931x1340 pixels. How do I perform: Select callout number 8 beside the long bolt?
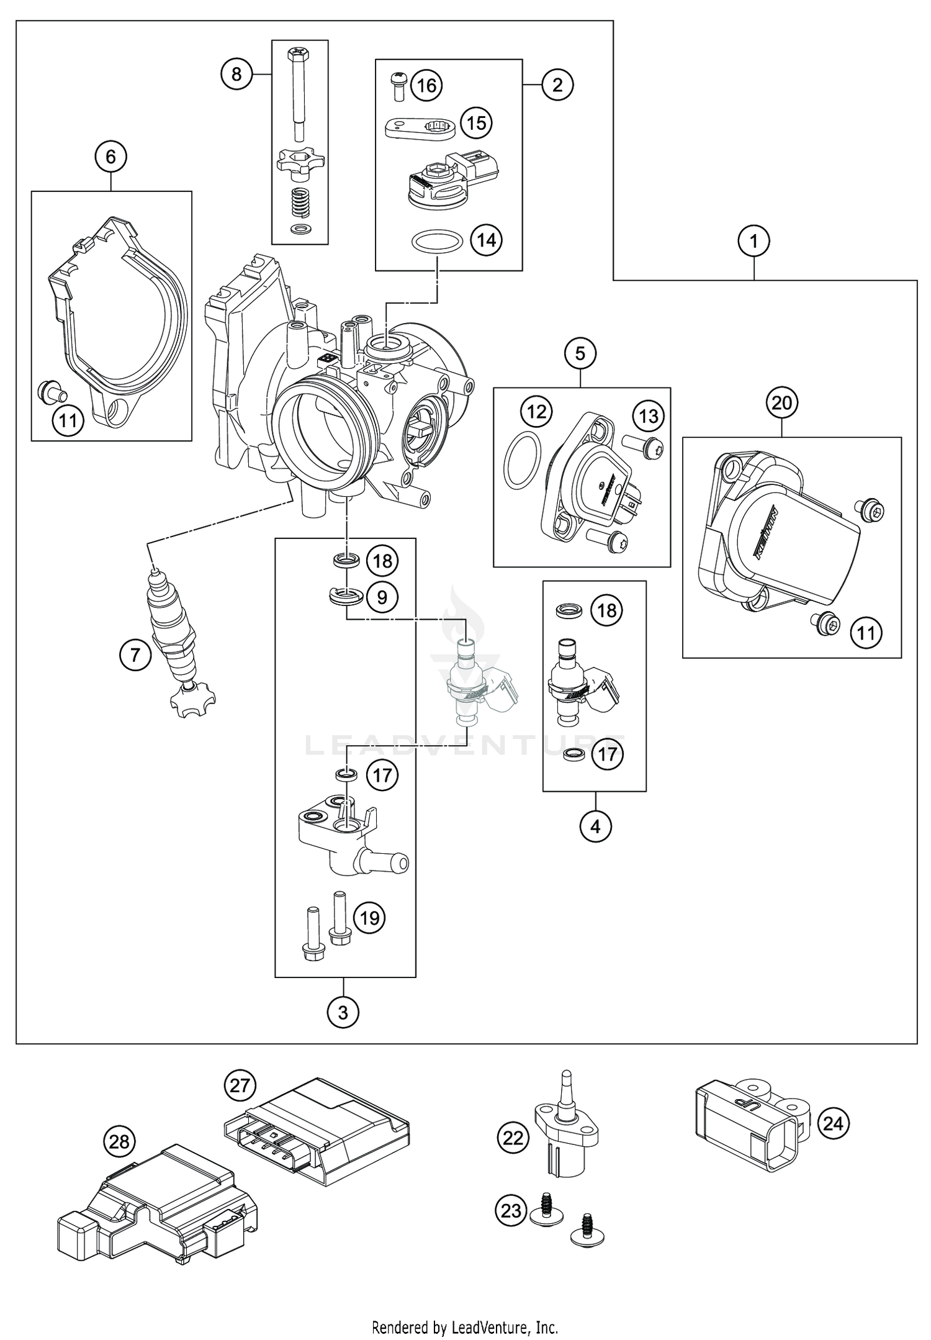[236, 75]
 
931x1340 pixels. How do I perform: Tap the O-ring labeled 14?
[436, 242]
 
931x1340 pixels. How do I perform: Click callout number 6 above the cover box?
[110, 156]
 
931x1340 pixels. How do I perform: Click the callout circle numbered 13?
[649, 415]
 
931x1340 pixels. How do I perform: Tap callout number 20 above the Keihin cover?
[781, 404]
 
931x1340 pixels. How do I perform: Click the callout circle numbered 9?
[382, 597]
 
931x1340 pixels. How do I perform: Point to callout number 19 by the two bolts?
[370, 918]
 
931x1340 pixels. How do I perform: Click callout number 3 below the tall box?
[343, 1013]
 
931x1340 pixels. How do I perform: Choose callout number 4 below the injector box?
[595, 826]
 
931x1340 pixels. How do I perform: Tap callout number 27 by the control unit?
[240, 1086]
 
